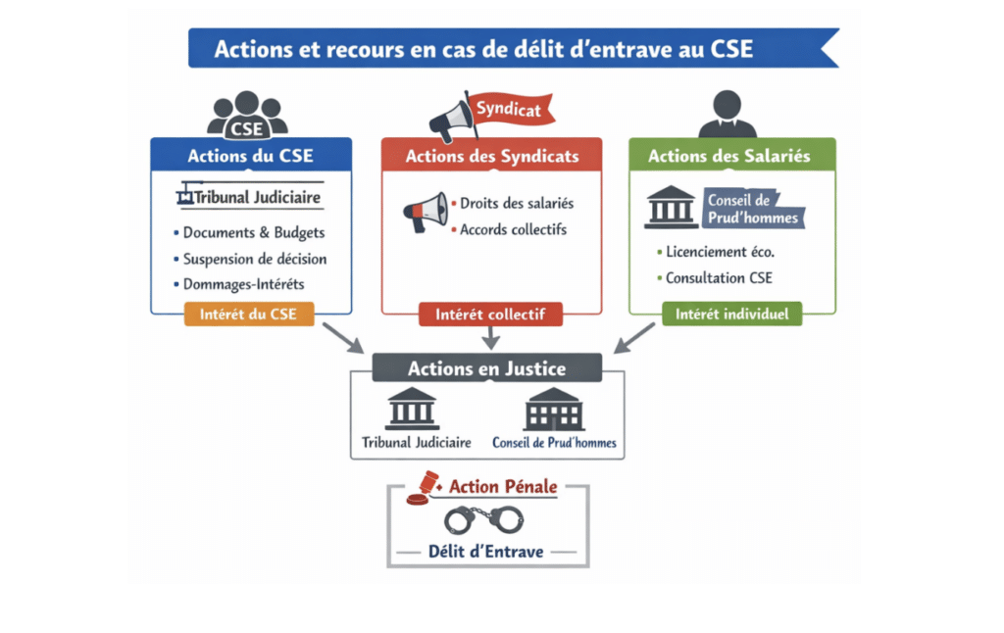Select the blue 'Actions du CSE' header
pyautogui.click(x=251, y=156)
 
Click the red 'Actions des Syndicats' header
pyautogui.click(x=492, y=156)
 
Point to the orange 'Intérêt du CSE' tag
pyautogui.click(x=249, y=315)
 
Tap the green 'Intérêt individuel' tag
pyautogui.click(x=732, y=315)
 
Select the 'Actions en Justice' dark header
pyautogui.click(x=487, y=368)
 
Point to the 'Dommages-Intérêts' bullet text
pyautogui.click(x=243, y=284)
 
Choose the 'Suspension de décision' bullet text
pyautogui.click(x=254, y=259)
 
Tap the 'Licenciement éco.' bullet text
pyautogui.click(x=720, y=252)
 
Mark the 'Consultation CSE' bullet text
pyautogui.click(x=719, y=277)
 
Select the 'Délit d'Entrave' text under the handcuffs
pyautogui.click(x=485, y=551)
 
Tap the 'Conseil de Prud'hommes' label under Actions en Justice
pyautogui.click(x=554, y=442)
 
